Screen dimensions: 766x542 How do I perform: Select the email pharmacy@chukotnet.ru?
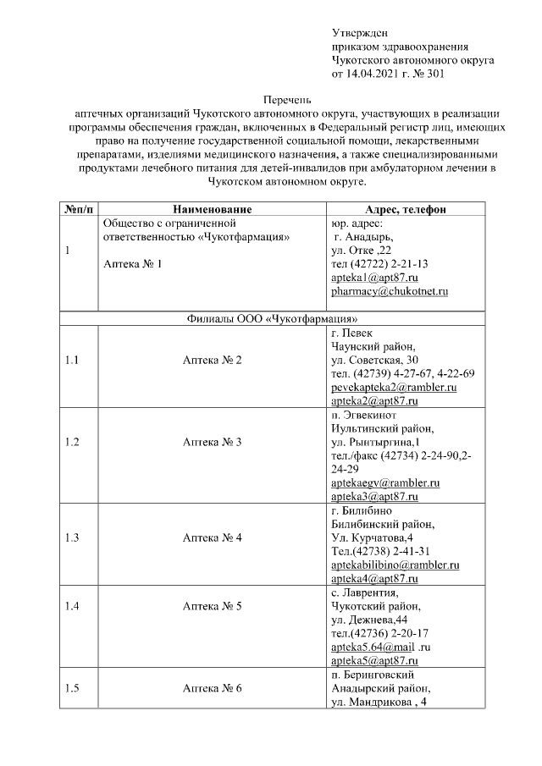pyautogui.click(x=389, y=291)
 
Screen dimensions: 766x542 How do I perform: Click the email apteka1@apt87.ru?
pyautogui.click(x=374, y=278)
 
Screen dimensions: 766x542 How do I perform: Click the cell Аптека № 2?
pyautogui.click(x=213, y=360)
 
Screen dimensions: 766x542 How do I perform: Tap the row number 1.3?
pyautogui.click(x=72, y=537)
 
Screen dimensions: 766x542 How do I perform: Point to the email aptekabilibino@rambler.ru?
pyautogui.click(x=395, y=565)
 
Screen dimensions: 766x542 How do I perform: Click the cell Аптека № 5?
pyautogui.click(x=213, y=606)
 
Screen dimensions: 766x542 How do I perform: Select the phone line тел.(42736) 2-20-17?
pyautogui.click(x=379, y=633)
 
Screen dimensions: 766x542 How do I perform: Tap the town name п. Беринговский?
pyautogui.click(x=372, y=674)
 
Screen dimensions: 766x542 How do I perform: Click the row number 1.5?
pyautogui.click(x=72, y=688)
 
